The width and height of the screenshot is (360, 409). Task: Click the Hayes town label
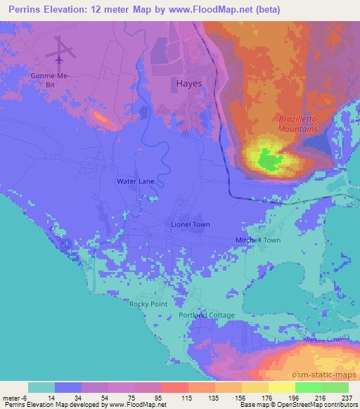coord(188,83)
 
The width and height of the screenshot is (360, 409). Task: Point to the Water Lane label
coord(136,181)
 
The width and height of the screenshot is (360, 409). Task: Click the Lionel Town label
coord(191,224)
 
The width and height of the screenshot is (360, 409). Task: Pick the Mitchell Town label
coord(257,240)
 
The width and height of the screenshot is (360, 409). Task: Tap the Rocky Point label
coord(147,304)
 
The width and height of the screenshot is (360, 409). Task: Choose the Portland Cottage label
coord(206,316)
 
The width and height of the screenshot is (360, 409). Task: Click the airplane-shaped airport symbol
coord(62,50)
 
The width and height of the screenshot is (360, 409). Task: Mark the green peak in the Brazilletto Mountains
coord(268,160)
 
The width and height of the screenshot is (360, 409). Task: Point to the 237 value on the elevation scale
coord(347,396)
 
